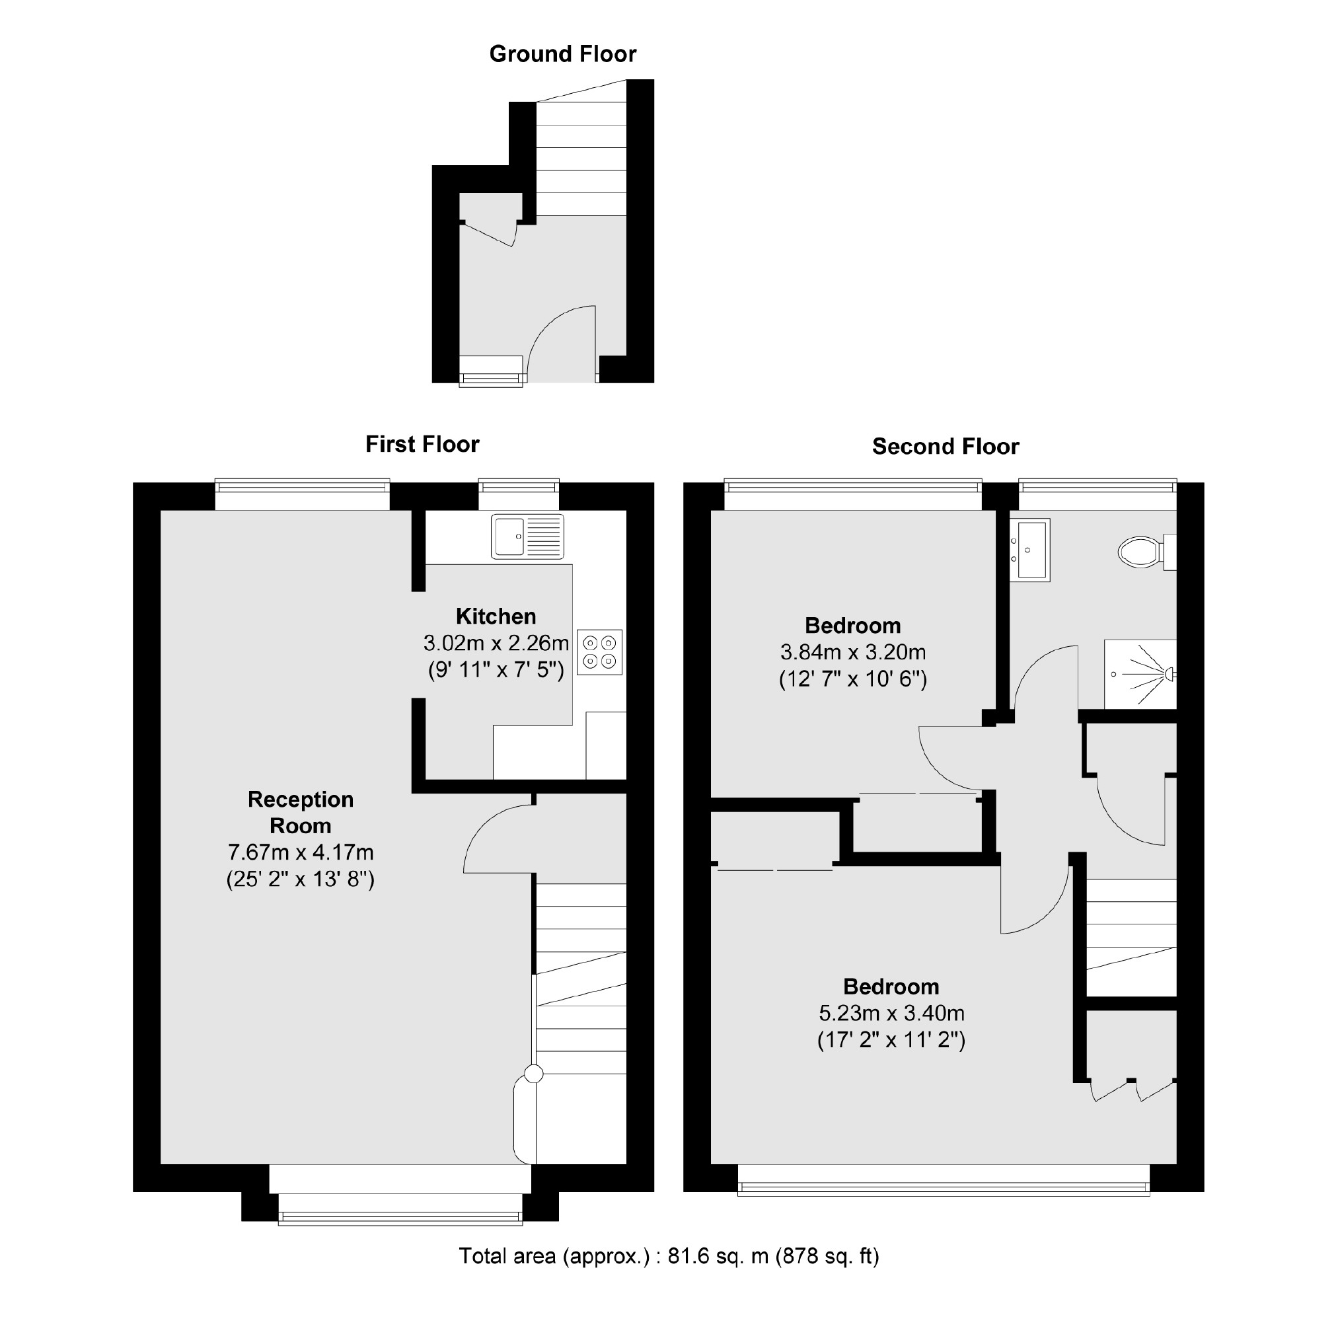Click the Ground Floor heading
click(x=562, y=54)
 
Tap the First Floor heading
click(x=422, y=444)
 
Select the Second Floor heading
click(x=945, y=447)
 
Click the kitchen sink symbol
click(x=527, y=536)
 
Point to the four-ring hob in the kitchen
click(x=599, y=651)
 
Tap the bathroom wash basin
click(x=1029, y=549)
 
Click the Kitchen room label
click(x=496, y=616)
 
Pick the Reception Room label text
click(x=301, y=812)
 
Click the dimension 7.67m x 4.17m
click(x=301, y=852)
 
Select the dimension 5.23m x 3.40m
click(x=891, y=1013)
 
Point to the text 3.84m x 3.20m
click(x=852, y=651)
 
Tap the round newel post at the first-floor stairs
click(x=533, y=1074)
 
